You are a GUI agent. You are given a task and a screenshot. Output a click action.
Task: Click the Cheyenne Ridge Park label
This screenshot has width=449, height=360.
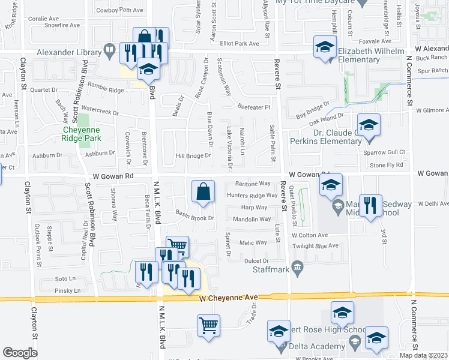83,133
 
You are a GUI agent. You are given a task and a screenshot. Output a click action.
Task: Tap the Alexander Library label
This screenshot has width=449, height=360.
72,52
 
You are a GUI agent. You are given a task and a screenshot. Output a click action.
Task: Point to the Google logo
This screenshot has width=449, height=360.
20,353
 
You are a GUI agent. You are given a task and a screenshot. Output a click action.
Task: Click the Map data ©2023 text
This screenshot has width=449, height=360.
424,355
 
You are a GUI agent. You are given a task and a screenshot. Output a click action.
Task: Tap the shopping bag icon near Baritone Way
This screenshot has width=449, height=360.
203,191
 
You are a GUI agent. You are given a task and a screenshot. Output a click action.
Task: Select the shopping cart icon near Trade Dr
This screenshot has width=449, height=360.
208,326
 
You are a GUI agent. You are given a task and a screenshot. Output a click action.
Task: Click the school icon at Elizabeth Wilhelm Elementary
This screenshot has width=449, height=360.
324,47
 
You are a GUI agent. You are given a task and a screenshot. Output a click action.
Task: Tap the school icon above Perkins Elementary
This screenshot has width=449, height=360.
369,125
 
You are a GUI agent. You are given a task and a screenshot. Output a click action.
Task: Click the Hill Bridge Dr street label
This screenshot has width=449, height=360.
193,156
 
